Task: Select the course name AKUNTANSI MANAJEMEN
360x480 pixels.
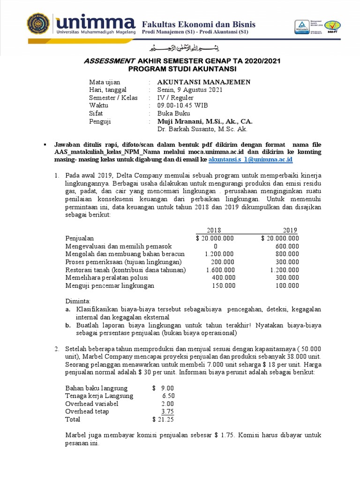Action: (203, 82)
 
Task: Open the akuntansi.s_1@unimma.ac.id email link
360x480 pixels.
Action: (250, 159)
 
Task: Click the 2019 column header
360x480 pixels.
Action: (290, 230)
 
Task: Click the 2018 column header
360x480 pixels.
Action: (214, 230)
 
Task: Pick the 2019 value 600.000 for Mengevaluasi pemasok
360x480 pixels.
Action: (287, 246)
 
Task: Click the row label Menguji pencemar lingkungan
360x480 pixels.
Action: (110, 285)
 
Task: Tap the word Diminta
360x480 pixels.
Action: (78, 301)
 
